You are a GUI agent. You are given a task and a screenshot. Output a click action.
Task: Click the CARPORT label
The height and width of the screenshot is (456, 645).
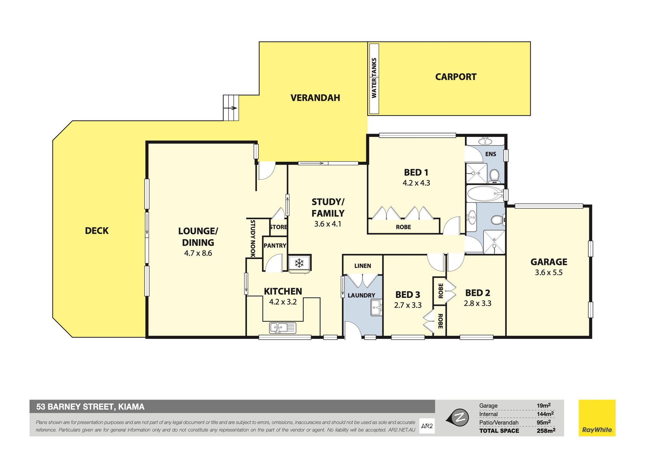[456, 77]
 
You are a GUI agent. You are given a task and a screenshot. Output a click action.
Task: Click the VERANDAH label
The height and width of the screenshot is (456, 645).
[315, 98]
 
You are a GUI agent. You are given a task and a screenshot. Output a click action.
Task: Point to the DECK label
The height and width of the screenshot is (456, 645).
[97, 231]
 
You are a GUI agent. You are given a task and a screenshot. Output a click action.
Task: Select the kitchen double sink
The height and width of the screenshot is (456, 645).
[283, 328]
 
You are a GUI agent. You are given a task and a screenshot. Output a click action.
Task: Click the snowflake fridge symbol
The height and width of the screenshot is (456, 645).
[299, 263]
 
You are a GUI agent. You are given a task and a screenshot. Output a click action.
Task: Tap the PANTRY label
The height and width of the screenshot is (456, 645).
[275, 245]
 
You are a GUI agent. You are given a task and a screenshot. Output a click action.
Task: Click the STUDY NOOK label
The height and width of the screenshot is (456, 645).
[253, 238]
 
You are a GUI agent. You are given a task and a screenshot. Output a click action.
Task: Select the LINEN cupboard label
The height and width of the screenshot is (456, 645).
[363, 266]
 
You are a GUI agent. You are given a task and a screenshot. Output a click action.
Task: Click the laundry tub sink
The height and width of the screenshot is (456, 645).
[377, 308]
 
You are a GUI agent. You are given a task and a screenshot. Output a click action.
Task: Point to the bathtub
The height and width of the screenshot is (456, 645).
[485, 194]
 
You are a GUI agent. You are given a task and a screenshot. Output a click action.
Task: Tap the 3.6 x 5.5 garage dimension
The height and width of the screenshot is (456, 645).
[549, 273]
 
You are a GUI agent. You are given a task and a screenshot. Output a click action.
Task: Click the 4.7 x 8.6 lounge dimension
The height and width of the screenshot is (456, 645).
[198, 253]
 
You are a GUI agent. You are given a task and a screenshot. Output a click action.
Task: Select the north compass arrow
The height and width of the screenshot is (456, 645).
[457, 418]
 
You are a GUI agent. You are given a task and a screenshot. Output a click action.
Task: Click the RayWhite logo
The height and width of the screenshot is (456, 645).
[597, 418]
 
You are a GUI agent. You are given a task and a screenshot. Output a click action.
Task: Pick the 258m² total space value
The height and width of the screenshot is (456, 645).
[546, 430]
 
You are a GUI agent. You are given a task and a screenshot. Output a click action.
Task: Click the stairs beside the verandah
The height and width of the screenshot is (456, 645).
[231, 108]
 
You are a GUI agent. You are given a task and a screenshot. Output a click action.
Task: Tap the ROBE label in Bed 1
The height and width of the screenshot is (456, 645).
[403, 227]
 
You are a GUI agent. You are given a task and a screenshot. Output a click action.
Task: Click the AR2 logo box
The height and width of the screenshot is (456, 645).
[427, 426]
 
